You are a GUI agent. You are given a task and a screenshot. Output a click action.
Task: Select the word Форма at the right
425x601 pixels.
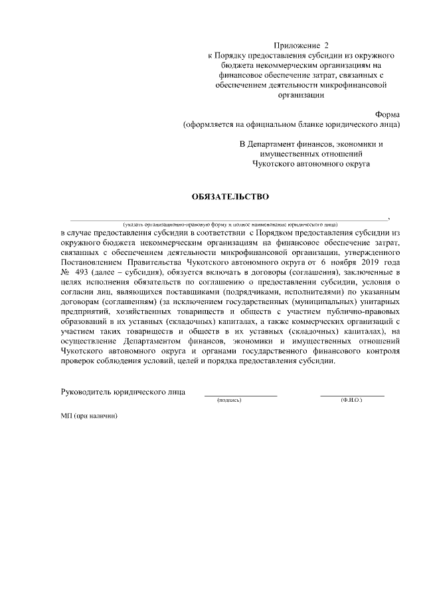click(387, 114)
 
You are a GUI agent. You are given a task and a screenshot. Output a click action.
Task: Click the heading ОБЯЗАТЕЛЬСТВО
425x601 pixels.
click(230, 196)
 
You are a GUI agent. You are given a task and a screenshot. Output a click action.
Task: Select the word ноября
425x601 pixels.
click(331, 262)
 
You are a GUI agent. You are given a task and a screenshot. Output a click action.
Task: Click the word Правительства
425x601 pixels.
click(158, 262)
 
